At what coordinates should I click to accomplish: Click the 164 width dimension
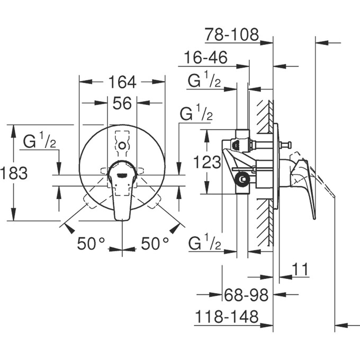[x=122, y=82]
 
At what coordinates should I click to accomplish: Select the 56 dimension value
[x=122, y=104]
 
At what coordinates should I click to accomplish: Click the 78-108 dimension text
[x=232, y=35]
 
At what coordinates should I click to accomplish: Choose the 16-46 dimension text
[x=206, y=58]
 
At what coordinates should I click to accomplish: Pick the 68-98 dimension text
[x=246, y=294]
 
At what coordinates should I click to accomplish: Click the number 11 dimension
[x=300, y=269]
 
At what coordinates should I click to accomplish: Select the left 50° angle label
[x=91, y=244]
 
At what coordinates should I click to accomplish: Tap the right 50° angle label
[x=155, y=244]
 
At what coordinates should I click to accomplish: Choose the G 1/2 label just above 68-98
[x=204, y=244]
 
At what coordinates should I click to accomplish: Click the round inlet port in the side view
[x=242, y=180]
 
